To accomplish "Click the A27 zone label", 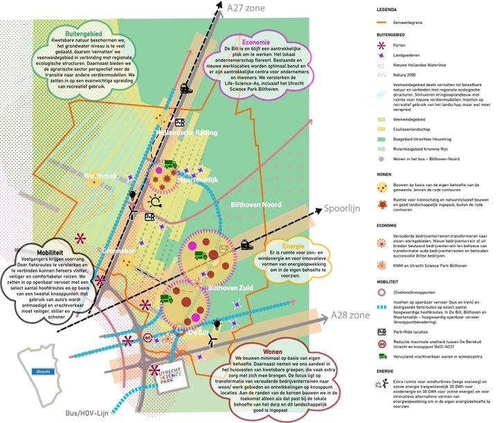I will pos(246,9).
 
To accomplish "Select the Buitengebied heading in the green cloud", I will pos(82,31).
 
